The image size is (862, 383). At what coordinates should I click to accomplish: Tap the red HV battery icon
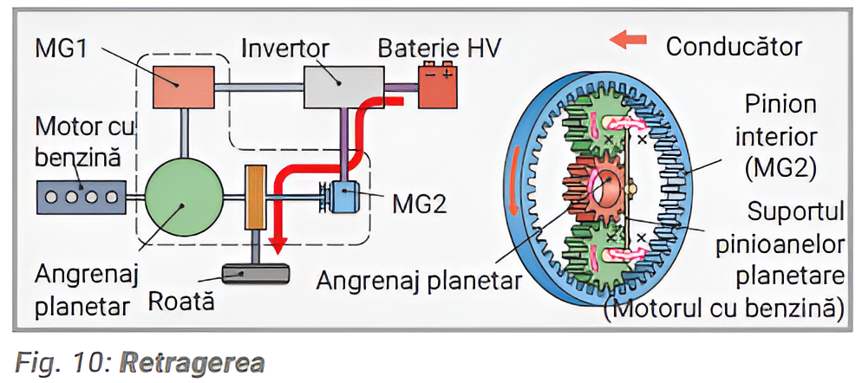(438, 87)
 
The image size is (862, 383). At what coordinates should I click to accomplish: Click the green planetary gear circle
(180, 199)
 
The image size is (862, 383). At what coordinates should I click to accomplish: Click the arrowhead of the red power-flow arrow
(278, 245)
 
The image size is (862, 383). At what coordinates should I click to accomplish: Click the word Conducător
(733, 45)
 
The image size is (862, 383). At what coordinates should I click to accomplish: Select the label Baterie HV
(439, 46)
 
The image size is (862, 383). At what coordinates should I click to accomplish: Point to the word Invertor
(284, 46)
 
